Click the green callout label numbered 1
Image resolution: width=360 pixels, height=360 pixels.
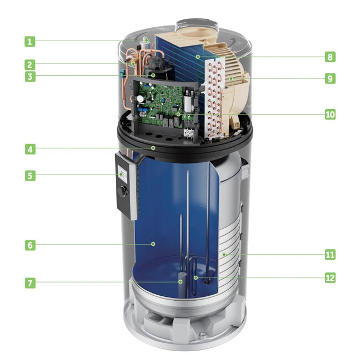(x=30, y=41)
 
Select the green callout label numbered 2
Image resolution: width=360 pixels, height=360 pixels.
(x=30, y=64)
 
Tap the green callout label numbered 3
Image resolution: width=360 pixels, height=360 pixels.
(x=30, y=77)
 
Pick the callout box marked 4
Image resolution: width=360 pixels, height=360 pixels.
(x=30, y=149)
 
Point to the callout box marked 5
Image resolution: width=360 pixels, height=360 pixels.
(x=30, y=176)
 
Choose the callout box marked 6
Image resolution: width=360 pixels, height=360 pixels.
(x=30, y=245)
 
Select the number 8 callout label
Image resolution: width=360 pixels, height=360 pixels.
(x=330, y=56)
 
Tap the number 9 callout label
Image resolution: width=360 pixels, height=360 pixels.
(x=330, y=79)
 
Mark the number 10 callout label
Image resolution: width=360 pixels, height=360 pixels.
(x=330, y=115)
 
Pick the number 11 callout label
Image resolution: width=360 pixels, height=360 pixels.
(x=330, y=255)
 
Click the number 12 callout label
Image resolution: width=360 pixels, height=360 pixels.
(x=330, y=277)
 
